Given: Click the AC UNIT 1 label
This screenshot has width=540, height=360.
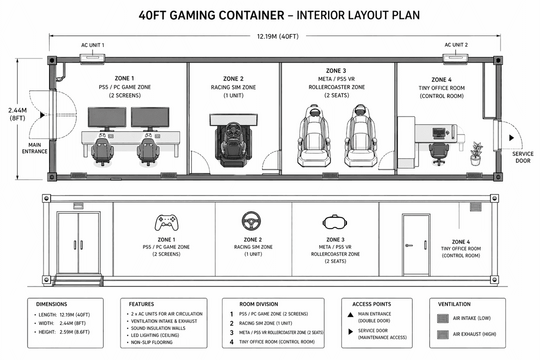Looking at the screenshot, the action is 92,45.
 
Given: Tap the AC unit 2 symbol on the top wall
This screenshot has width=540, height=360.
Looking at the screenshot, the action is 455,58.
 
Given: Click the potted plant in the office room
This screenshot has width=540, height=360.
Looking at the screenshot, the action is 476,153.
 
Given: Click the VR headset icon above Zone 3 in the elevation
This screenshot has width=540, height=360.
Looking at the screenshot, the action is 335,222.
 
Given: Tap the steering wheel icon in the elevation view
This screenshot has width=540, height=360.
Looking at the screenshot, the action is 251,220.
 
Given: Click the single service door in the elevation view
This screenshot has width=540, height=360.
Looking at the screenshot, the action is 416,244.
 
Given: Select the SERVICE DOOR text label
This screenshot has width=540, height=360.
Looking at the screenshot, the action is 523,157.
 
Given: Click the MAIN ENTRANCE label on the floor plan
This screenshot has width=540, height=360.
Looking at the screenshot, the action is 35,148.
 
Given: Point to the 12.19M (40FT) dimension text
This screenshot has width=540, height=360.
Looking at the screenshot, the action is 278,36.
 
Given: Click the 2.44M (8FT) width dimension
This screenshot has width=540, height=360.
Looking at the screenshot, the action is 17,114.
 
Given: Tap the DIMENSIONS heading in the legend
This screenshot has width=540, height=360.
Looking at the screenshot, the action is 51,304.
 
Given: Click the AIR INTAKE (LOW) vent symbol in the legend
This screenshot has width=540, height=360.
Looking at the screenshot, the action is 442,318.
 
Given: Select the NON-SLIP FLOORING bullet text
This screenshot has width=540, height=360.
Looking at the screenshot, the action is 152,342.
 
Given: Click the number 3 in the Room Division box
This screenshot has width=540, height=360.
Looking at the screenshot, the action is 232,333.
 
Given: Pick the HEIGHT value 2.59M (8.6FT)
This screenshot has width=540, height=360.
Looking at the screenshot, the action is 74,332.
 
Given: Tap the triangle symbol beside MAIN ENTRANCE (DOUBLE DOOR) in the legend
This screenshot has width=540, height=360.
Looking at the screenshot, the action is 350,315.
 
